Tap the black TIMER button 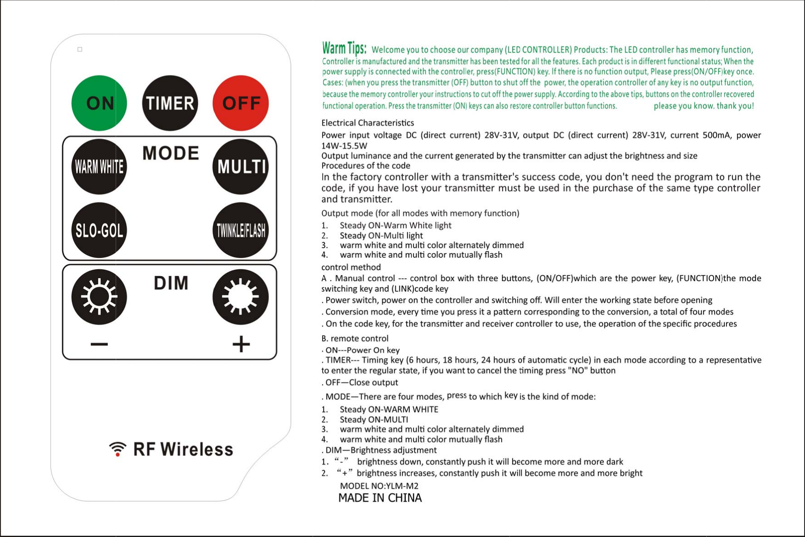click(x=170, y=103)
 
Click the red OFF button click(x=240, y=103)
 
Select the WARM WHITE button click(x=99, y=166)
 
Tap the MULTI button click(x=240, y=166)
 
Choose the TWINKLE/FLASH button click(x=240, y=230)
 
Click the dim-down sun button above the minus click(x=99, y=297)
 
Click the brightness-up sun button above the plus click(x=240, y=297)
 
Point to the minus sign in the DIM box click(x=99, y=344)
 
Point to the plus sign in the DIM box click(x=241, y=344)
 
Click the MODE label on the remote click(x=171, y=153)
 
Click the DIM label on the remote click(x=171, y=283)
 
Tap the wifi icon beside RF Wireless click(x=118, y=449)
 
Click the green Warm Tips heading click(x=344, y=48)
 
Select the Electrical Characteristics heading click(x=367, y=123)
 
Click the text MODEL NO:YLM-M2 click(x=379, y=486)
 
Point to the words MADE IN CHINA click(x=380, y=498)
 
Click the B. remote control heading click(x=355, y=338)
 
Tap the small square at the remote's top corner click(x=80, y=49)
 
